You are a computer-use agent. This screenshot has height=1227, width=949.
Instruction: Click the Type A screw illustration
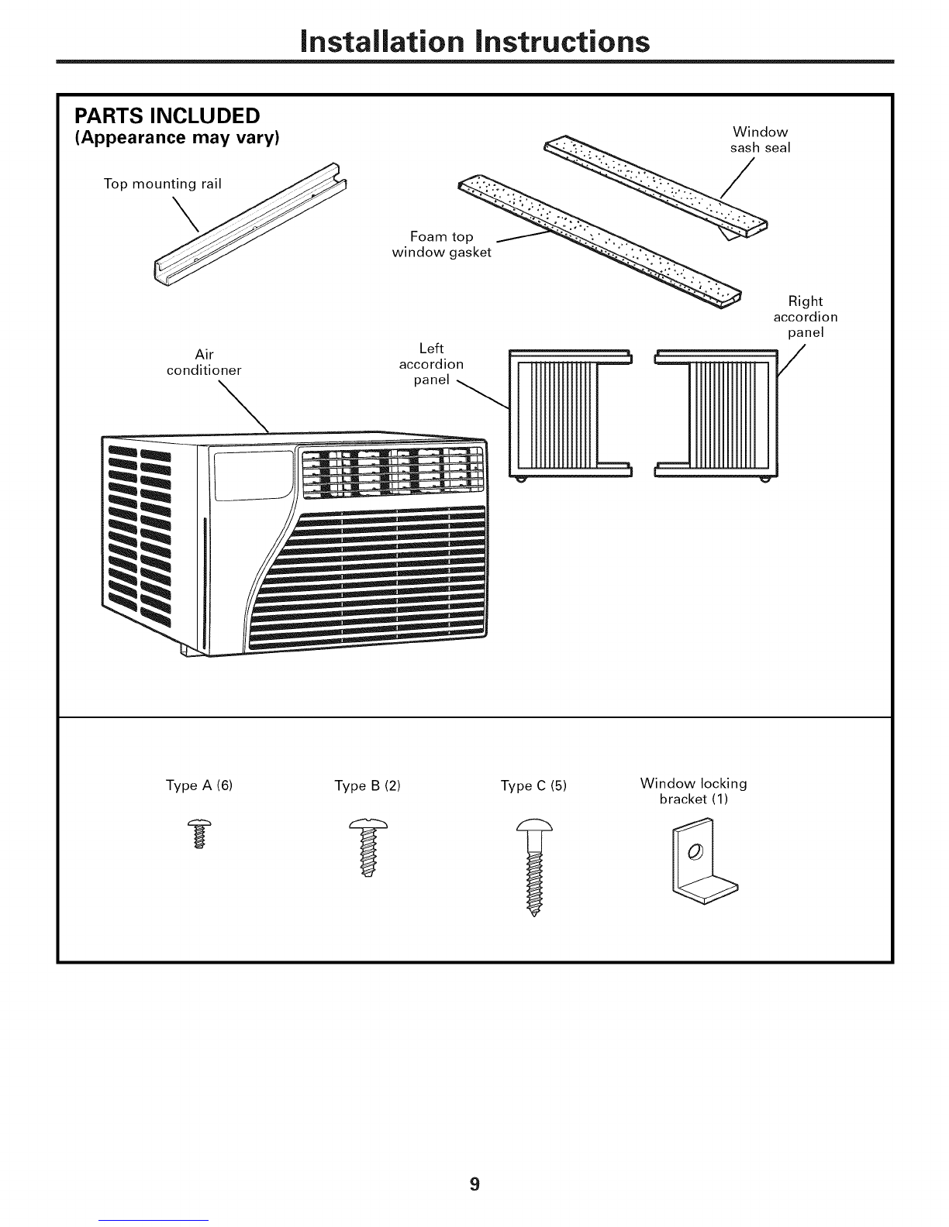pos(199,833)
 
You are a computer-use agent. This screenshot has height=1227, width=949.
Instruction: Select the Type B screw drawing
pos(368,847)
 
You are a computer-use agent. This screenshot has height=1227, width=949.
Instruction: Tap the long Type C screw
pos(534,866)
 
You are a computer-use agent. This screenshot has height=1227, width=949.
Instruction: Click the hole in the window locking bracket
pos(695,851)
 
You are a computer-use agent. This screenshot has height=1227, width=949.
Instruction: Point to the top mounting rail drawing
pos(250,224)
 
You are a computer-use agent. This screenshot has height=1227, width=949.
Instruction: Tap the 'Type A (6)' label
pos(199,785)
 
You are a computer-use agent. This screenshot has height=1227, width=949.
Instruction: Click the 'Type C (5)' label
pos(533,785)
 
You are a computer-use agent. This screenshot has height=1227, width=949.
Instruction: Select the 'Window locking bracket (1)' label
pos(693,791)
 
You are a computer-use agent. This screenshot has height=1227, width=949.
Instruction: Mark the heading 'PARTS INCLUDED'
pos(167,116)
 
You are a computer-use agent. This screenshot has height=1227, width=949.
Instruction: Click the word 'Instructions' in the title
pos(563,41)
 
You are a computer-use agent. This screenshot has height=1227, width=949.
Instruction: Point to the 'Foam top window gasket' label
pos(441,245)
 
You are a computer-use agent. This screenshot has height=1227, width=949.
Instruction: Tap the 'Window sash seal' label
pos(761,140)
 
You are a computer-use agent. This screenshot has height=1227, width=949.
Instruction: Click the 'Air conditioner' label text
pos(204,363)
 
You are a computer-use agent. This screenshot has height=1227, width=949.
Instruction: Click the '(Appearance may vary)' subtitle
pos(177,138)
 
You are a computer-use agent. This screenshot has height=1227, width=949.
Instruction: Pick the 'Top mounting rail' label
pos(162,184)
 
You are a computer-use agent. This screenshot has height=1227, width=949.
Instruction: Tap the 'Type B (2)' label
pos(368,785)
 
